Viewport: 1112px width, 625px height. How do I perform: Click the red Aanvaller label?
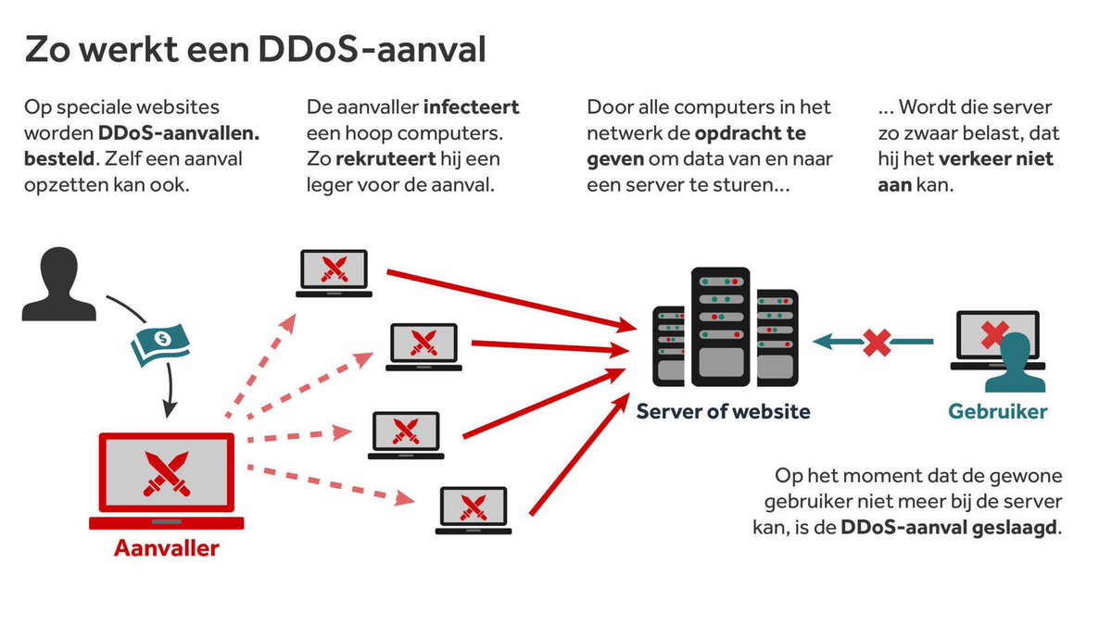(x=167, y=547)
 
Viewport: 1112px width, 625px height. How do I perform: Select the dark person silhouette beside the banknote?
(x=59, y=284)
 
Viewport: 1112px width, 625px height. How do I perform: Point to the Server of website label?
(x=723, y=411)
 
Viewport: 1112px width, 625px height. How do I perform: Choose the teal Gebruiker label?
(x=998, y=411)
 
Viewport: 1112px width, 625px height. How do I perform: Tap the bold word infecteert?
(x=472, y=107)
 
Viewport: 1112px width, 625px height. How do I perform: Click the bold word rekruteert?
(x=380, y=158)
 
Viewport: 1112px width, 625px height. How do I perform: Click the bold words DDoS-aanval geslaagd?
(x=949, y=529)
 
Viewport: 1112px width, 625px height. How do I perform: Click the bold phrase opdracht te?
(x=751, y=133)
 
